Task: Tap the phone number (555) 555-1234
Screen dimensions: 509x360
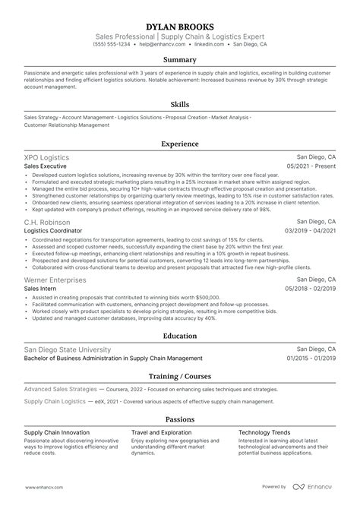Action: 112,45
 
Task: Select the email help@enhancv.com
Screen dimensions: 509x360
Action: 156,45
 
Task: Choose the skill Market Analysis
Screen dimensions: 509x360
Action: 230,118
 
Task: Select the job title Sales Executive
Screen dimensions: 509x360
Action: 45,166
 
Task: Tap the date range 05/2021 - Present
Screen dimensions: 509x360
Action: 311,166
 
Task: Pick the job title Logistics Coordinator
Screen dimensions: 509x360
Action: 58,230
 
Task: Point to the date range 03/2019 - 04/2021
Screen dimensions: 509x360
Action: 310,230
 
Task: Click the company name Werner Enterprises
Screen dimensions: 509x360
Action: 57,280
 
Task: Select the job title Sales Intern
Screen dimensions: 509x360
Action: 41,289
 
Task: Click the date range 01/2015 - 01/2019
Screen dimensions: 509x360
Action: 310,359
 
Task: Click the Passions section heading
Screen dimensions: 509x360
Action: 180,419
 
